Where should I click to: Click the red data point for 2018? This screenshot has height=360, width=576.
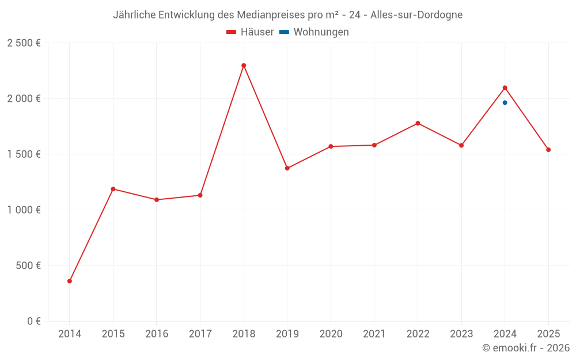click(x=244, y=66)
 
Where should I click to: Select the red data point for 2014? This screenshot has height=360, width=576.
click(x=70, y=281)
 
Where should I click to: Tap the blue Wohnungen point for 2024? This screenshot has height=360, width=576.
click(x=505, y=103)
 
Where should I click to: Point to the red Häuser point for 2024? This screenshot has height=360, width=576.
click(x=505, y=88)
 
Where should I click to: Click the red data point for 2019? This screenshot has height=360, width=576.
click(x=287, y=168)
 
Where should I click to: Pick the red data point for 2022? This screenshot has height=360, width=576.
click(x=418, y=123)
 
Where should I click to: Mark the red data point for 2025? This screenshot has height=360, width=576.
click(x=548, y=150)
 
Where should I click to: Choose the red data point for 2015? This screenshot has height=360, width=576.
click(x=113, y=189)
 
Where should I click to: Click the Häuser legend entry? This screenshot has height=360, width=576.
click(x=250, y=32)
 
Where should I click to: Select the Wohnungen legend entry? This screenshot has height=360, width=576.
click(x=314, y=32)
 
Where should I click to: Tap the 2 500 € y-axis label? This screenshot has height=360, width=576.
click(x=24, y=43)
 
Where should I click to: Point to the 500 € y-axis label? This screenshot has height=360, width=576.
click(x=28, y=265)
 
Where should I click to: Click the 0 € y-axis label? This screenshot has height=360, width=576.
click(x=34, y=321)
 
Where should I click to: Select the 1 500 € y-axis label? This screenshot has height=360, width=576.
click(x=24, y=154)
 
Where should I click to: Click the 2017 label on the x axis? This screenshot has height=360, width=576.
click(x=200, y=334)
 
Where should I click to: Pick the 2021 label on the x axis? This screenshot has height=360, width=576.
click(x=374, y=334)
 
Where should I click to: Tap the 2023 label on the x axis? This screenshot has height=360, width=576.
click(x=461, y=334)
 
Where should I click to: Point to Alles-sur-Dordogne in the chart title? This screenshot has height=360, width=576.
click(x=416, y=15)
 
